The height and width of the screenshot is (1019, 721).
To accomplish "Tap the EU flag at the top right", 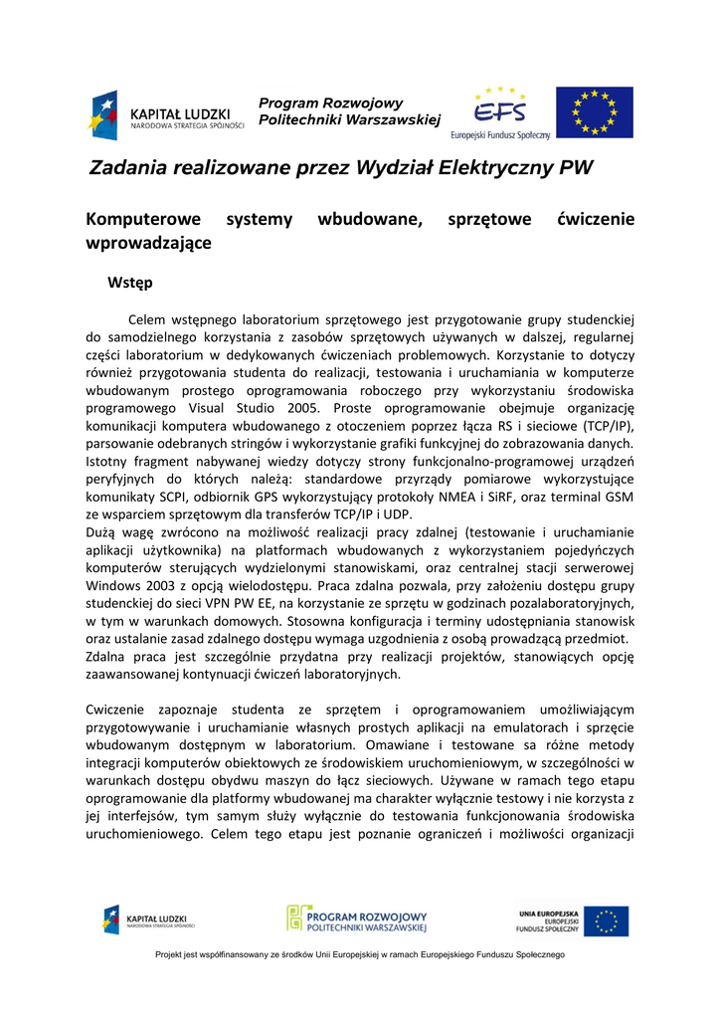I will (594, 111).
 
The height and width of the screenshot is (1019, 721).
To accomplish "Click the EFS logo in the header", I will (499, 111).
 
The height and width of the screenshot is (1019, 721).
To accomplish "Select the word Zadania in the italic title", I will (128, 167).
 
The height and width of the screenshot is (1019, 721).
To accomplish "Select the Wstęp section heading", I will (129, 283).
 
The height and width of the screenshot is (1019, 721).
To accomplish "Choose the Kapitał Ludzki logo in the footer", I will (149, 920).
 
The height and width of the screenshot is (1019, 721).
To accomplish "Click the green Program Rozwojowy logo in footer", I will (357, 919).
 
